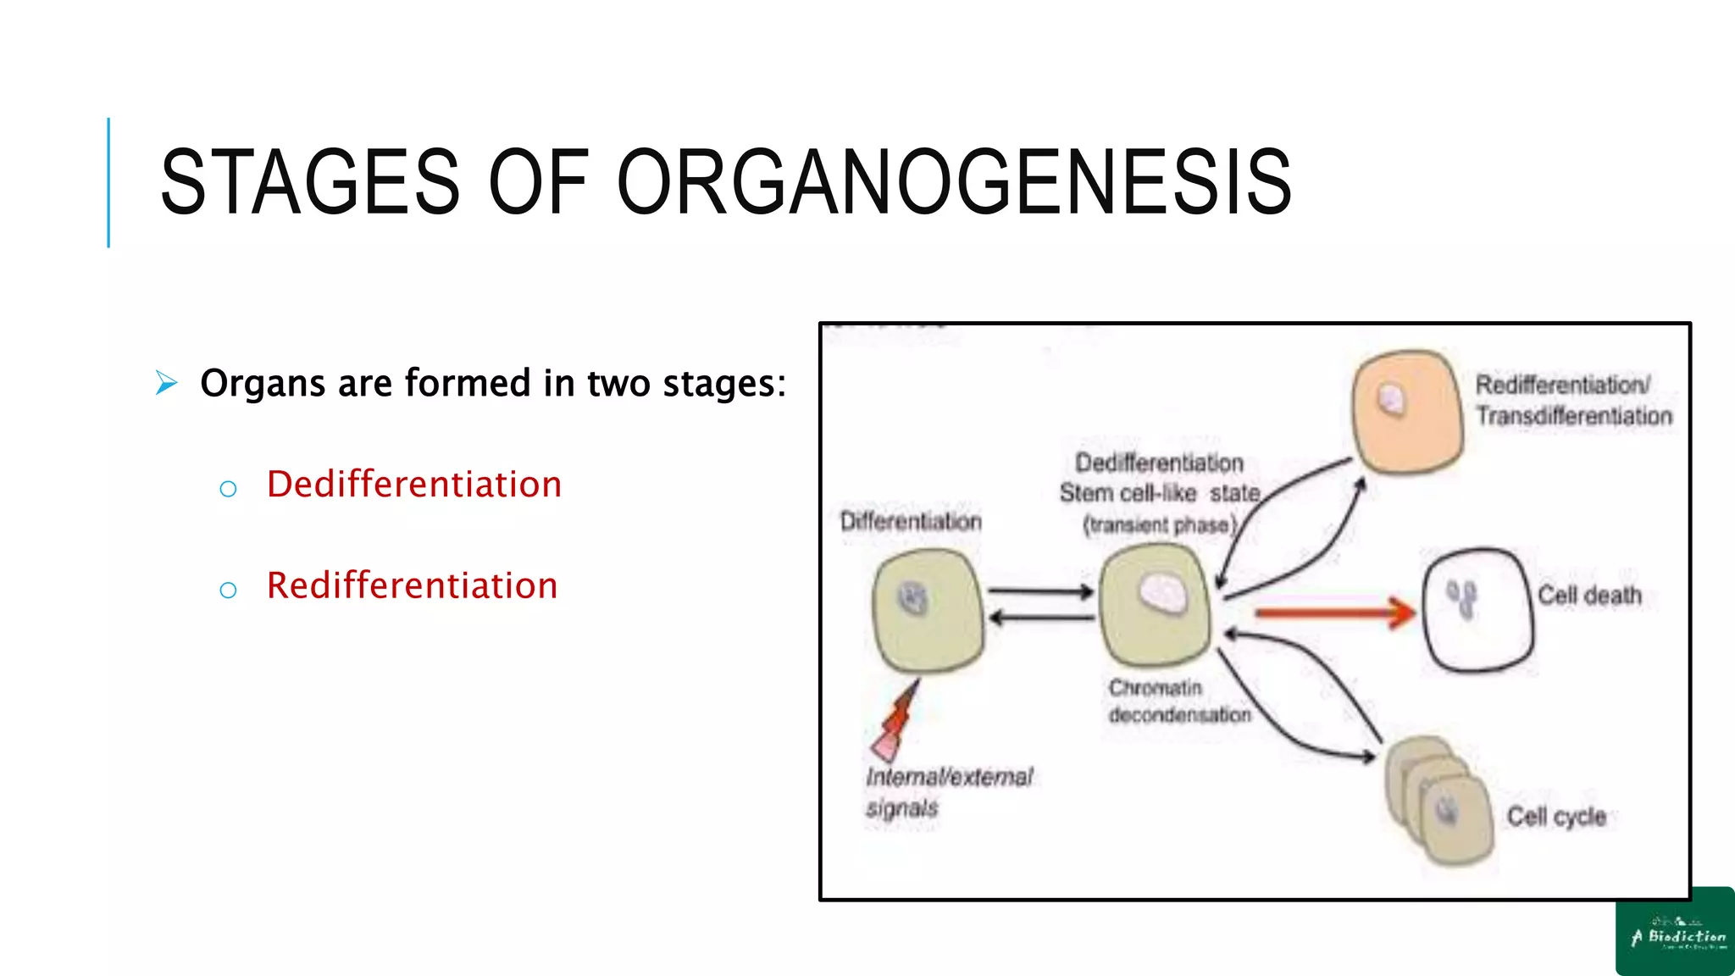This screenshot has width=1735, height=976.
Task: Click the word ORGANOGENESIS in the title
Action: point(954,182)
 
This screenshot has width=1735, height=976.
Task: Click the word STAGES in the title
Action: point(309,182)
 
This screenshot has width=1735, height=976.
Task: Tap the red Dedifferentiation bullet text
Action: point(414,485)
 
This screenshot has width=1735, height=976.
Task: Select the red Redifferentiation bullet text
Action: point(412,586)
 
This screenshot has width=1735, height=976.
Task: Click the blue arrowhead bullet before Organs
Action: point(167,383)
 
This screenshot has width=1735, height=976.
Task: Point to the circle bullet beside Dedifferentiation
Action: point(228,489)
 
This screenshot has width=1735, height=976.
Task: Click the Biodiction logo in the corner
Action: point(1676,932)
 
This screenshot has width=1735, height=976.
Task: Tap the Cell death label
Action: point(1589,596)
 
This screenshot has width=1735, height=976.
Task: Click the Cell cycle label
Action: point(1556,817)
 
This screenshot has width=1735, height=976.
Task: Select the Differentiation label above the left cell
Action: point(911,521)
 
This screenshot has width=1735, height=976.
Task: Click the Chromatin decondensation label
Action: point(1178,701)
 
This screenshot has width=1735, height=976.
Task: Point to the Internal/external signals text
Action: point(948,791)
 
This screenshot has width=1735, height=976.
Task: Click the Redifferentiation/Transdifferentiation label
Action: point(1574,400)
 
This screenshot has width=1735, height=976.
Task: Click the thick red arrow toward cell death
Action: point(1334,612)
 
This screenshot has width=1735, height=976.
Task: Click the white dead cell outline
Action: point(1477,610)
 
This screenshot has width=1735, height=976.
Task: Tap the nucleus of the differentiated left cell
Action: point(913,599)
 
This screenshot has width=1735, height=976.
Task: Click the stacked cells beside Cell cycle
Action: point(1439,801)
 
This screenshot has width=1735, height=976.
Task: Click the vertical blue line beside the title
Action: point(108,182)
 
